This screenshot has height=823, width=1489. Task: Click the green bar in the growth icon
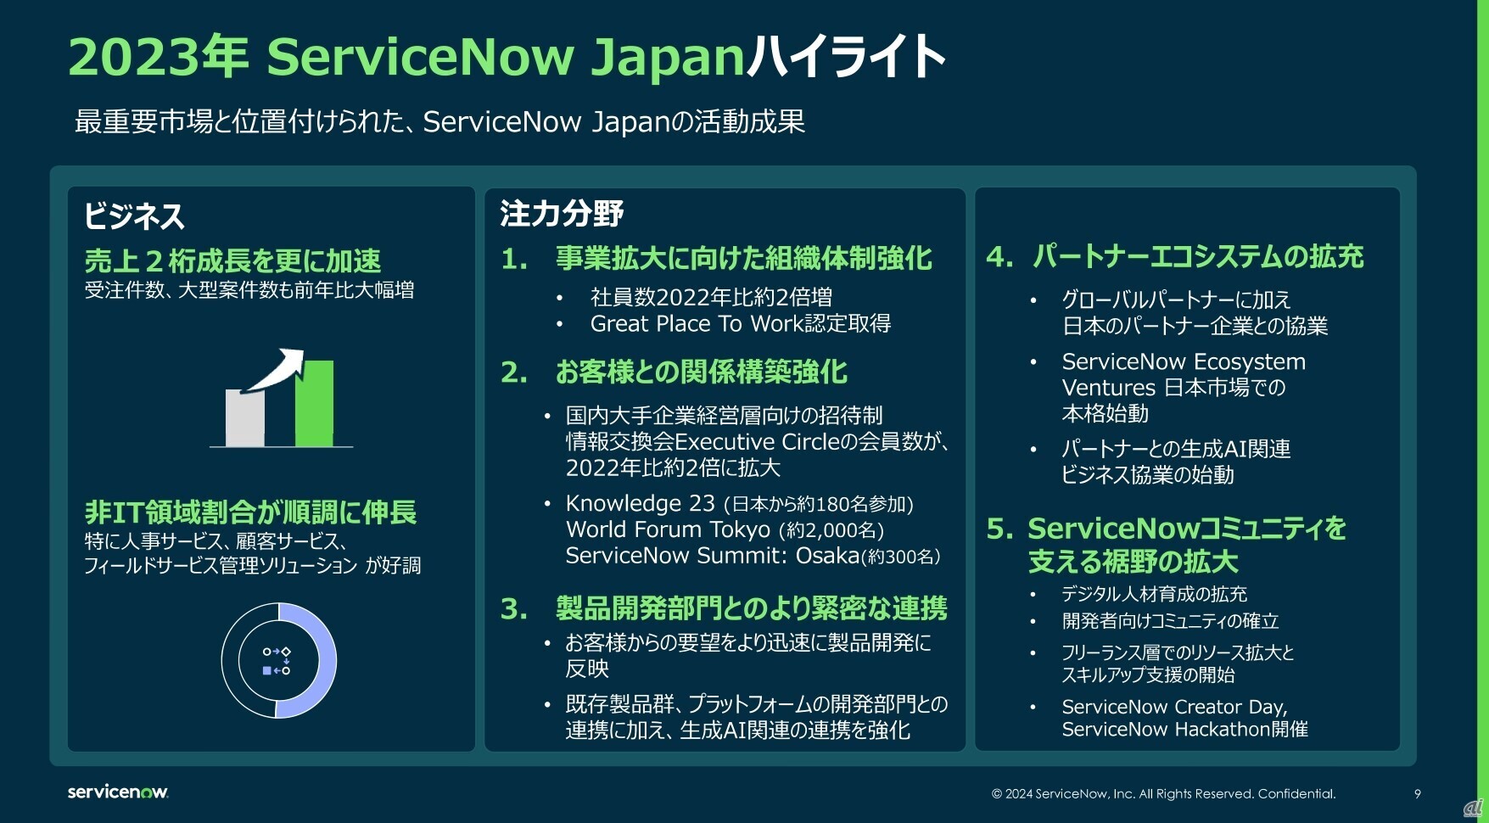[314, 404]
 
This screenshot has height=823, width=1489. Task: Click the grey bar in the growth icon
[244, 417]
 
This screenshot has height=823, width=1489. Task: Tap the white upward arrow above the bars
[273, 370]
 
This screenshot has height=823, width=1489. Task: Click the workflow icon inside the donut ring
[277, 661]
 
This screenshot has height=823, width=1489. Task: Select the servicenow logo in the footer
[118, 792]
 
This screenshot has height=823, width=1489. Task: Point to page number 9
[1417, 794]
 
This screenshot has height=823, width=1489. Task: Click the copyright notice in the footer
[1163, 794]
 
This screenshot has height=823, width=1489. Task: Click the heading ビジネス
[134, 216]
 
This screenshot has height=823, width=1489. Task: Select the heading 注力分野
[562, 213]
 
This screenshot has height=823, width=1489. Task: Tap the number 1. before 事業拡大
[514, 259]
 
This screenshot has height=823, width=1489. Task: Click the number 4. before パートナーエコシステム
[999, 256]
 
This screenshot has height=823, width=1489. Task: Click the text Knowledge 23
[641, 503]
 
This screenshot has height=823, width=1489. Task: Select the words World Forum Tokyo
[669, 529]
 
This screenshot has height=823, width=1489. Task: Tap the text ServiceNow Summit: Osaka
[713, 556]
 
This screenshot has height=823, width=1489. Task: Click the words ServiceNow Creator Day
[1173, 707]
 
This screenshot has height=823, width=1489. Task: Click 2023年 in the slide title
[159, 56]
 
